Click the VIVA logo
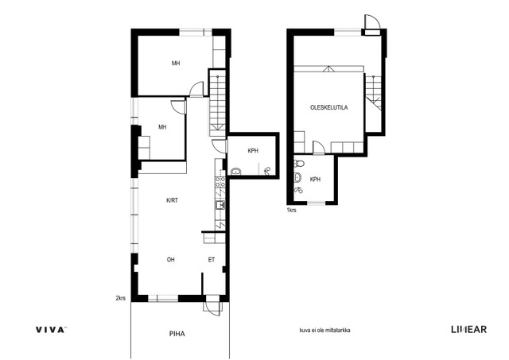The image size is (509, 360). click(x=51, y=330)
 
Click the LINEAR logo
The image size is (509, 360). click(x=468, y=330)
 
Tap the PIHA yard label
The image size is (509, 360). click(x=177, y=334)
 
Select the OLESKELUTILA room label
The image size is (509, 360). click(x=328, y=107)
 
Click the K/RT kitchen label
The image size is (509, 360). click(x=172, y=200)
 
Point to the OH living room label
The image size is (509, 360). click(x=171, y=259)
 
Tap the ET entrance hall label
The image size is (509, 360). click(x=212, y=259)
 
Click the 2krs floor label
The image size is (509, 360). click(x=120, y=298)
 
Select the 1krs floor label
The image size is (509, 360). click(x=291, y=210)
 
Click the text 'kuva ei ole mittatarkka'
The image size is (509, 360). click(x=324, y=331)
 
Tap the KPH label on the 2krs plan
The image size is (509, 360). click(x=253, y=151)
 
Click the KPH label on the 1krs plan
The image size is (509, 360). click(x=315, y=180)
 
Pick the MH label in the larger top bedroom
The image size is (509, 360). click(x=176, y=64)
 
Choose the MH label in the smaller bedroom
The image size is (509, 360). click(x=162, y=127)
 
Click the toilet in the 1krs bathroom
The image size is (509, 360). click(x=299, y=164)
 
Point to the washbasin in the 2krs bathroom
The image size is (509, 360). click(x=235, y=171)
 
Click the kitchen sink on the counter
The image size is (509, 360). click(x=220, y=205)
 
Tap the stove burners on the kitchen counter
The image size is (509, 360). click(x=220, y=182)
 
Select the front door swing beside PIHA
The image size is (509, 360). click(x=213, y=305)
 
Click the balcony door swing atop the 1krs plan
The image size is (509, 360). click(x=372, y=22)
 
